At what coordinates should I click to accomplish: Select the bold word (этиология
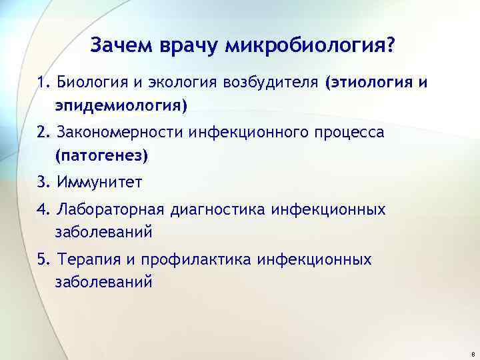[x=365, y=83]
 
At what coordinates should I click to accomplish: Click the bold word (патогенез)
[x=102, y=155]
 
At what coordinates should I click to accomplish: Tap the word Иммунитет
[x=100, y=182]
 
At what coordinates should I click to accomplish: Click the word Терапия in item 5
[x=87, y=259]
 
